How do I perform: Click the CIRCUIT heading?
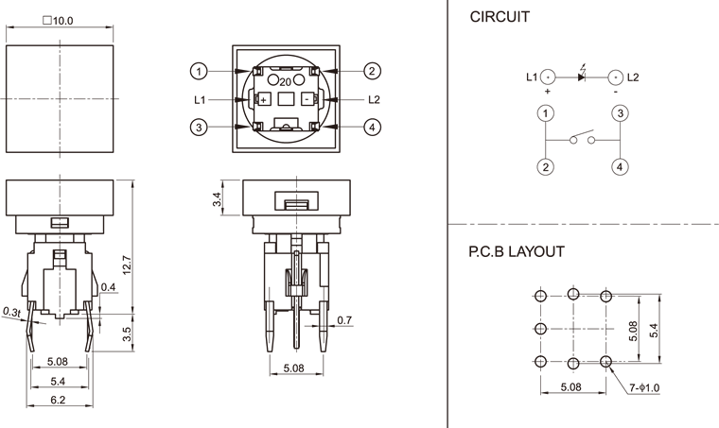[500, 17]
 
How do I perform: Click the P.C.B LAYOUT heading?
[517, 252]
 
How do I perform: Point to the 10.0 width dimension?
[58, 20]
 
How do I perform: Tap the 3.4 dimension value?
[217, 199]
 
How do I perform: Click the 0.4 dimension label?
[107, 287]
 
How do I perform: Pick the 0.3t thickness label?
[12, 311]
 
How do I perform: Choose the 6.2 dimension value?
[58, 402]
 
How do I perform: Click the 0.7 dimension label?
[344, 320]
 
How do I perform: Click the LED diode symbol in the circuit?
[581, 76]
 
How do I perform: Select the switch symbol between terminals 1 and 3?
[582, 139]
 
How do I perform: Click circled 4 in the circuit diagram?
[619, 167]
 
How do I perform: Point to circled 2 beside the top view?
[373, 71]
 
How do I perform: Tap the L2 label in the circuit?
[633, 76]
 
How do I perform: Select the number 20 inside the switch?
[285, 82]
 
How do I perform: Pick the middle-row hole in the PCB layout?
[540, 329]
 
